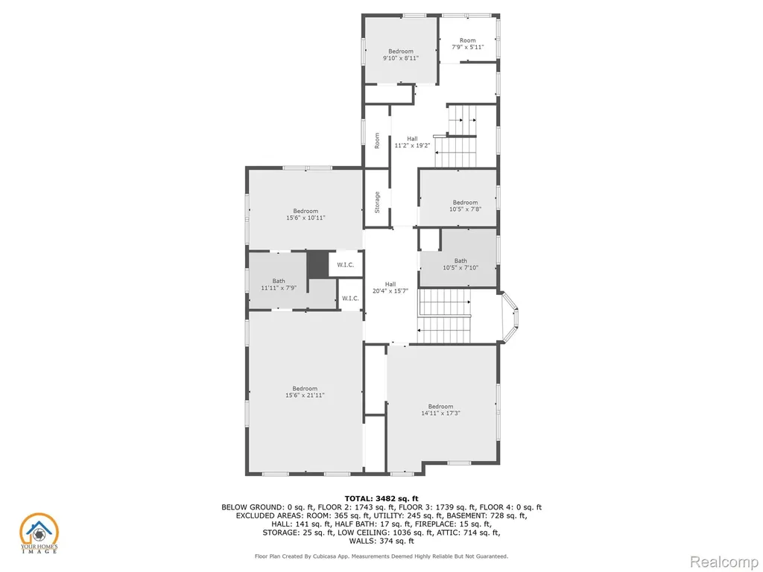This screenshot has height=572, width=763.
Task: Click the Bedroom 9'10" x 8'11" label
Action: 400,54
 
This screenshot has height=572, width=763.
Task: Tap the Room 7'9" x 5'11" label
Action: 468,44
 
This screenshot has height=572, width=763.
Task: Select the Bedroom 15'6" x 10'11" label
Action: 305,214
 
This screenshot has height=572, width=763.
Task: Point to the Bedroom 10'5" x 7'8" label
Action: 465,206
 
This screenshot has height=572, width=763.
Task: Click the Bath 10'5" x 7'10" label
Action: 460,264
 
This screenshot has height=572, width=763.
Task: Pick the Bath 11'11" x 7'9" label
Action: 279,284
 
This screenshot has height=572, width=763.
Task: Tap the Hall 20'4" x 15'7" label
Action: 390,287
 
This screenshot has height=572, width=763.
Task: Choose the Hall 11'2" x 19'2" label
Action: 412,142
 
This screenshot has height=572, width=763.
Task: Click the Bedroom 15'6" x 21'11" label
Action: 305,392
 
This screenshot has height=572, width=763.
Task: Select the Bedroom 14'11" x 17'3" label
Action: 440,410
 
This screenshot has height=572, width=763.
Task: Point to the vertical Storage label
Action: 377,203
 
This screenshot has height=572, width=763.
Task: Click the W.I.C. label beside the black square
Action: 346,265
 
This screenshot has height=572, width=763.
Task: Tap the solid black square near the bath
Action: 317,264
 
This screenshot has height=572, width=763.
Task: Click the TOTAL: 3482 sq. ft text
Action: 381,498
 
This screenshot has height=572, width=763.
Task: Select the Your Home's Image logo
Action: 39,533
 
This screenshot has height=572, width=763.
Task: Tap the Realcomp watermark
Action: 724,562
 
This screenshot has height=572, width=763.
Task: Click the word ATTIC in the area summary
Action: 459,533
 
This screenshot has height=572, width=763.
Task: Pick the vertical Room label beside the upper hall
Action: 377,141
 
